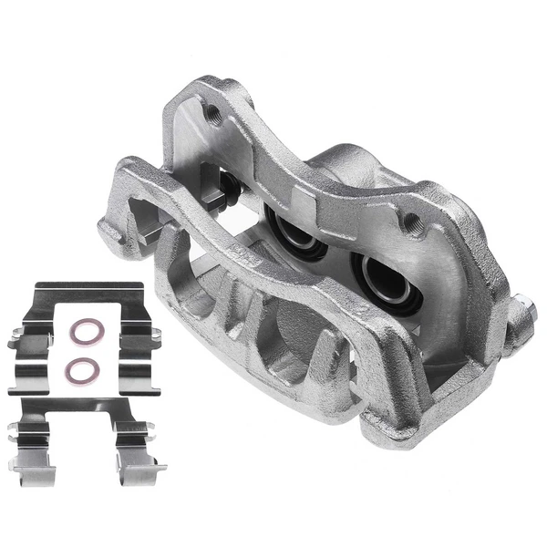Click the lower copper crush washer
click(x=84, y=370)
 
